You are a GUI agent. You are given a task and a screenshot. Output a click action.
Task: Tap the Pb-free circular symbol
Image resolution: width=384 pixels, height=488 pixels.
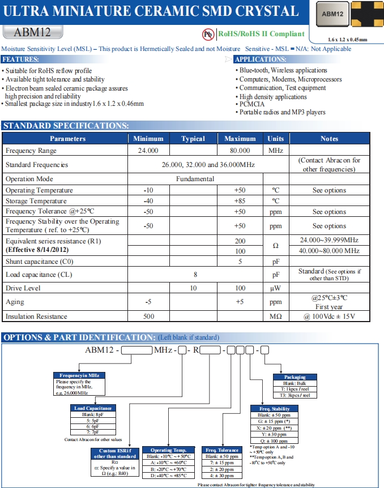207,34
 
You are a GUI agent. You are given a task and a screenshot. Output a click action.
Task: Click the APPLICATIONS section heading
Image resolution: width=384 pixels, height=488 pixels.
260,59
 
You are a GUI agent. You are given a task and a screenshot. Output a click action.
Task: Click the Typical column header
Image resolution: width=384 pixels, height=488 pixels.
193,139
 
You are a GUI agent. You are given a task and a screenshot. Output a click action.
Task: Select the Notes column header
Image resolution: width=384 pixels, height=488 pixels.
329,139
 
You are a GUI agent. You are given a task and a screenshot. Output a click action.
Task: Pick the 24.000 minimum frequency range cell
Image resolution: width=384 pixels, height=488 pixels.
148,151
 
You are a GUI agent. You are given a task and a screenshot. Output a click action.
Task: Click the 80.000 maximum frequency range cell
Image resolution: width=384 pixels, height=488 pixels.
240,151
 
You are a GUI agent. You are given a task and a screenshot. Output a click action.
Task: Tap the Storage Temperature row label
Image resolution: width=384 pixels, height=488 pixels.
36,201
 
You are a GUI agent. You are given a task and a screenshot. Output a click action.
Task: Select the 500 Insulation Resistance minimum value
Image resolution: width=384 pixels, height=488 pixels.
148,316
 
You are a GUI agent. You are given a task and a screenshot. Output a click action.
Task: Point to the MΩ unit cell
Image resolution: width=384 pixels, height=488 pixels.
275,316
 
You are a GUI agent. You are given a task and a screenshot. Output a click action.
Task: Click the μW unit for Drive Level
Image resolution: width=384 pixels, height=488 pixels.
275,289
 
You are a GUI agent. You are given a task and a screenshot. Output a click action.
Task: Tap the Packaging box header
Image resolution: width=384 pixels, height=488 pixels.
295,377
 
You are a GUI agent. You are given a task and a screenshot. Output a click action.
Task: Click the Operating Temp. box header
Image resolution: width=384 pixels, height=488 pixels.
168,450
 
